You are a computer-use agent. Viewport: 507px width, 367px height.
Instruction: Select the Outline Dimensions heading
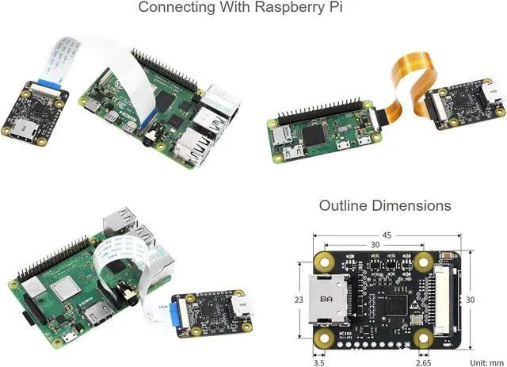point(385,205)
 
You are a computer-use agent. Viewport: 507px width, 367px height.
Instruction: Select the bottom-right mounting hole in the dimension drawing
point(426,341)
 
